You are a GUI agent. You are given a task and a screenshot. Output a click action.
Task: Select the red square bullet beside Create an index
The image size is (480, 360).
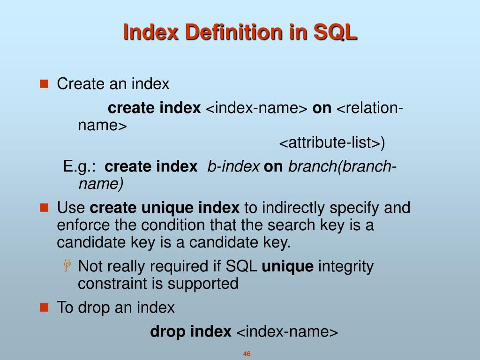pyautogui.click(x=44, y=84)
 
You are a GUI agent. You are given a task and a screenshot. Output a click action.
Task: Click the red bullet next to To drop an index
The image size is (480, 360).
pyautogui.click(x=44, y=307)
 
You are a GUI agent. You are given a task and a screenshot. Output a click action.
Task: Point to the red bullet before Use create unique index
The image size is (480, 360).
pyautogui.click(x=44, y=207)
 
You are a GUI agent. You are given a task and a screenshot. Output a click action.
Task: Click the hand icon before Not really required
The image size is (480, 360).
pyautogui.click(x=67, y=266)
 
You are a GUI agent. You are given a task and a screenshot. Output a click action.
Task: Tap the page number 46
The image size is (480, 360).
pyautogui.click(x=247, y=354)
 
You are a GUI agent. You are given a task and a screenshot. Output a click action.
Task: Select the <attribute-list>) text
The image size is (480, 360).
pyautogui.click(x=332, y=143)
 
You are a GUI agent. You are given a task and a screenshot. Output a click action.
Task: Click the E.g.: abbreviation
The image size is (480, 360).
pyautogui.click(x=80, y=166)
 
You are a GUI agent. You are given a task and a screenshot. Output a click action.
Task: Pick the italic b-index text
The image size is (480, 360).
pyautogui.click(x=233, y=166)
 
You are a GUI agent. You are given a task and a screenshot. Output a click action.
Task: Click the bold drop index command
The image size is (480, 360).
pyautogui.click(x=190, y=332)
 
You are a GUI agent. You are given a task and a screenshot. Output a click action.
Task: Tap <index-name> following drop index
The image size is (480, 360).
pyautogui.click(x=287, y=332)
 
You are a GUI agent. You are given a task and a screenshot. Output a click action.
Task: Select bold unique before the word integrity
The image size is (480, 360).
pyautogui.click(x=287, y=266)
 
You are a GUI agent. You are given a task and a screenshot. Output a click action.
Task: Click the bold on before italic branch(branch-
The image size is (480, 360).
pyautogui.click(x=273, y=166)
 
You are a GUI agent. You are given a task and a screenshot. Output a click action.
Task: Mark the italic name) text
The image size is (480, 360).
pyautogui.click(x=101, y=184)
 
